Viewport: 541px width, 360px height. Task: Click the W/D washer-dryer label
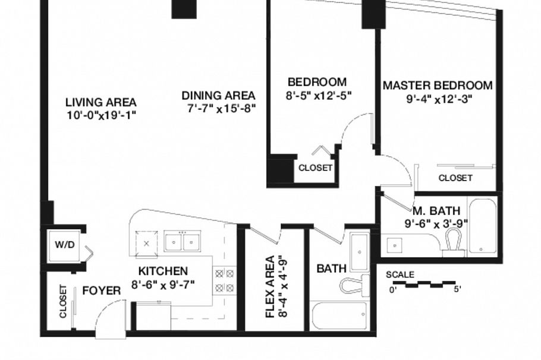click(65, 245)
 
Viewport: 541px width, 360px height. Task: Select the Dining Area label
click(218, 95)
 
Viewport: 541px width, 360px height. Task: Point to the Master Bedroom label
click(438, 85)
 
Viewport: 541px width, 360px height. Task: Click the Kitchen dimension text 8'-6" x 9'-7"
click(163, 285)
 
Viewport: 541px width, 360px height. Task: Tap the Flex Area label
click(270, 286)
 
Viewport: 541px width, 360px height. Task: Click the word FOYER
click(102, 290)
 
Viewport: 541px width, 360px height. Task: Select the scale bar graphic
click(424, 284)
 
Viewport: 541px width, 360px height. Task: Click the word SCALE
click(400, 275)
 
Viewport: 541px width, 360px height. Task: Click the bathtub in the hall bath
click(339, 316)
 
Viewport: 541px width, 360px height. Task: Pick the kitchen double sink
click(183, 241)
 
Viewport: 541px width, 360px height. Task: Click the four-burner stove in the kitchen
click(225, 280)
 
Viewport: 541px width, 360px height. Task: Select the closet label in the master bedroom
click(455, 178)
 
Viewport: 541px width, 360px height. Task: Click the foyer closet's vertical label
click(63, 301)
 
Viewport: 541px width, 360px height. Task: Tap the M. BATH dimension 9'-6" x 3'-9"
click(436, 224)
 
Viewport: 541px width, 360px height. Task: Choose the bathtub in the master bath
click(482, 226)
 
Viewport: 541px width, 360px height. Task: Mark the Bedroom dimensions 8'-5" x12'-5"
click(319, 96)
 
